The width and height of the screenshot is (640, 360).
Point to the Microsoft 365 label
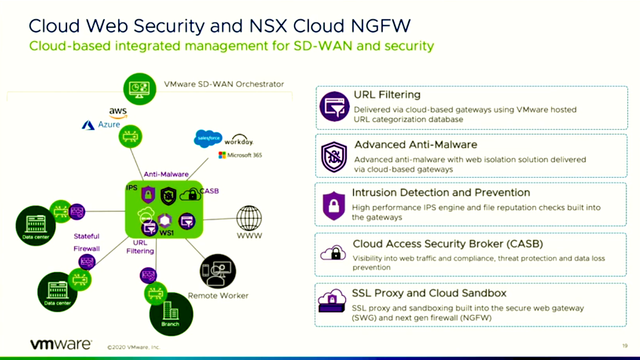(240, 155)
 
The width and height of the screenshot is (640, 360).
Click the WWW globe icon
(249, 218)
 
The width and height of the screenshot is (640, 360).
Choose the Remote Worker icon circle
(218, 271)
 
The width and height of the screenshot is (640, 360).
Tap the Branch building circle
(171, 314)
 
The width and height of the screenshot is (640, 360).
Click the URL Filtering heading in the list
(387, 95)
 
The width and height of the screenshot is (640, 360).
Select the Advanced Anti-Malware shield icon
(334, 156)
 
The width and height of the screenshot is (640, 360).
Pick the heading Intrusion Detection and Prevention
(441, 193)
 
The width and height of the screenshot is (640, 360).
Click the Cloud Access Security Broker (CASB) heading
(447, 244)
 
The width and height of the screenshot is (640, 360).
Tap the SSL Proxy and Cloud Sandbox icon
(333, 303)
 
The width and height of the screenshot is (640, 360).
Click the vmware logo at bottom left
(61, 344)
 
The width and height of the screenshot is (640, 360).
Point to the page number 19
(625, 345)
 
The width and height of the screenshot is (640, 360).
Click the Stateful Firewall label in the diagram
(86, 242)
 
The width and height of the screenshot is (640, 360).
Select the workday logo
(239, 140)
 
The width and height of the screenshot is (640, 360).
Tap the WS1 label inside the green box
(167, 231)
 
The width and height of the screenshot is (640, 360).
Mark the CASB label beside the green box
(209, 191)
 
